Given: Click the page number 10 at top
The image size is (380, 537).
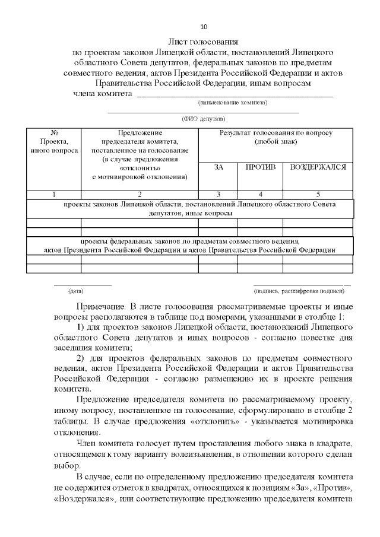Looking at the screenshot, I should (x=204, y=27).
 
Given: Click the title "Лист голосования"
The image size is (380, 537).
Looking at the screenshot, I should (x=204, y=42).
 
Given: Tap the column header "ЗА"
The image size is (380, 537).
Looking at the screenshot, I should (x=218, y=168).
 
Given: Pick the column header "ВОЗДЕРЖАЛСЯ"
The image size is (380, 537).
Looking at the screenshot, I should (x=318, y=168).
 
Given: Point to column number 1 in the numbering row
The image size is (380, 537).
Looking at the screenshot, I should (x=54, y=194).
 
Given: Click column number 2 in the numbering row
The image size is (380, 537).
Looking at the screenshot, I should (x=140, y=194).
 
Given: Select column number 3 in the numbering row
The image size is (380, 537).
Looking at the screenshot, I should (x=218, y=194).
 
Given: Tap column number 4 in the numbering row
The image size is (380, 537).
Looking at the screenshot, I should (x=260, y=194).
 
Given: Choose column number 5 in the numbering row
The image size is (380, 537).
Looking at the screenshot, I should (x=318, y=194).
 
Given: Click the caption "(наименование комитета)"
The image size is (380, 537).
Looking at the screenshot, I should (x=232, y=103).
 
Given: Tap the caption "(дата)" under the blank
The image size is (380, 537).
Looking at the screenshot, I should (x=75, y=291).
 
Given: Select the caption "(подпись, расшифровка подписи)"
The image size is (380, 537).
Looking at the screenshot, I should (x=299, y=291).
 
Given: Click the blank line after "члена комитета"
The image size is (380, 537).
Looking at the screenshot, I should (x=235, y=94).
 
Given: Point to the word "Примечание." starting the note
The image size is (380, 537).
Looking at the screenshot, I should (x=100, y=307).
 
